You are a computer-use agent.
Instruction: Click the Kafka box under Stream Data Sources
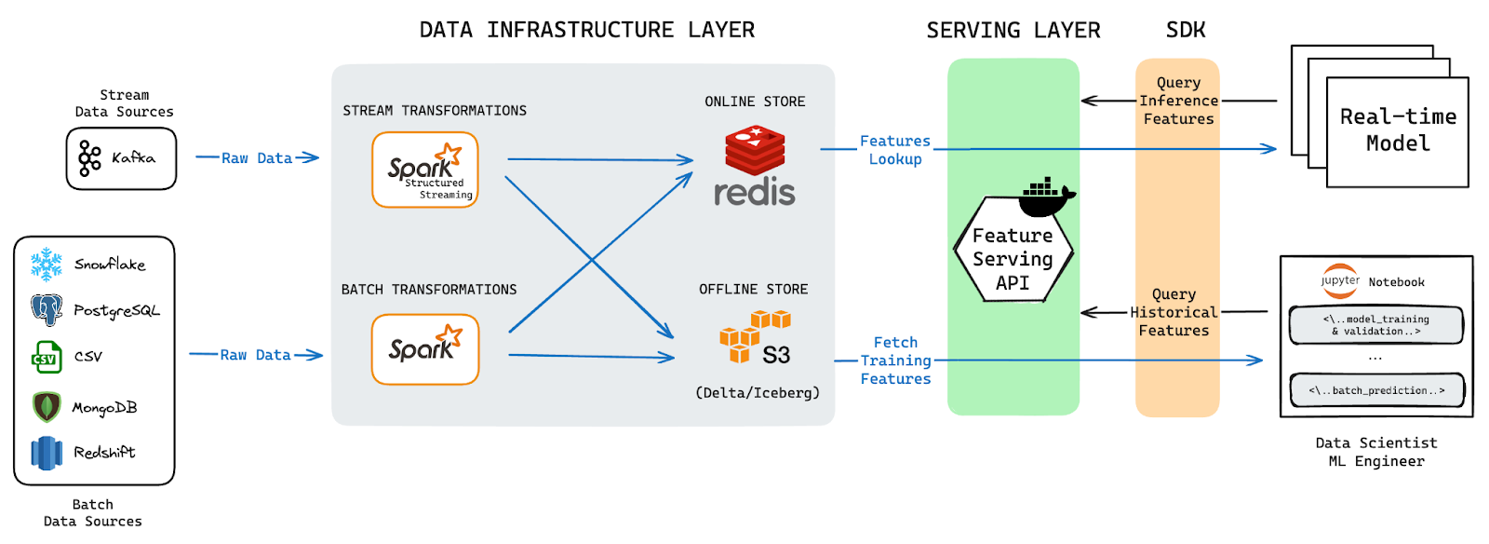121,158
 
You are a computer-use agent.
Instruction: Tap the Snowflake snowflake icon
46,265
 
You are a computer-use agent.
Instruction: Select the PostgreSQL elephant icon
46,309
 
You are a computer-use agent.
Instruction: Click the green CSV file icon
46,357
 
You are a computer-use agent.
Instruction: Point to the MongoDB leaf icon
46,407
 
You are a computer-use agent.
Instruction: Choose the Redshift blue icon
46,453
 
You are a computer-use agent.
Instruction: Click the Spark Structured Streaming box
425,170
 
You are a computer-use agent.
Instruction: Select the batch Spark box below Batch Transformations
425,349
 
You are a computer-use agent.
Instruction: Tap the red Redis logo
755,152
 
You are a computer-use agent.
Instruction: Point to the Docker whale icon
1047,197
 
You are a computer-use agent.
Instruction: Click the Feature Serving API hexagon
1013,258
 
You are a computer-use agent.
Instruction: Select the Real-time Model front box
1397,131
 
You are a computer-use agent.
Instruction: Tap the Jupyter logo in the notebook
1340,280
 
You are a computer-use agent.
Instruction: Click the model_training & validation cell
1375,325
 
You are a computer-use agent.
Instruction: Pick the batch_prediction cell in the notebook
1376,390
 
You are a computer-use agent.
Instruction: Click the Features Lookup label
894,150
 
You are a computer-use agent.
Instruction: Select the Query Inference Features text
1178,101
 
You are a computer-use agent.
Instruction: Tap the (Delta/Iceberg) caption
758,393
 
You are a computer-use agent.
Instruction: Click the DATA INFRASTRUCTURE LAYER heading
586,30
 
